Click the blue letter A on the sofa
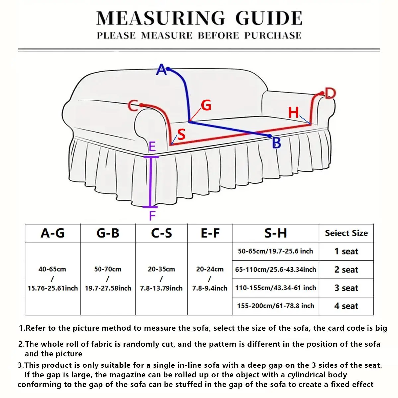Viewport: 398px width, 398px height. coord(161,70)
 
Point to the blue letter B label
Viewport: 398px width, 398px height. coord(276,143)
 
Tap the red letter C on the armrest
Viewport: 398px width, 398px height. coord(133,106)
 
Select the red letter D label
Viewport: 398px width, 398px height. coord(330,93)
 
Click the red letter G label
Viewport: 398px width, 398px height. coord(206,105)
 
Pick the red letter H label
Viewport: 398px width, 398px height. coord(294,113)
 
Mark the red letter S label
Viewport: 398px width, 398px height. coord(181,134)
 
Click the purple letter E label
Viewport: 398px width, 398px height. coord(152,146)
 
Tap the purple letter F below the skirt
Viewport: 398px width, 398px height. coord(152,216)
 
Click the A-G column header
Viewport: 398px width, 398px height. coord(52,233)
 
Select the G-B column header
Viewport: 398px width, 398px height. coord(108,233)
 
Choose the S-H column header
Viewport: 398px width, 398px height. coord(275,233)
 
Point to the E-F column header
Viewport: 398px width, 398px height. coord(210,233)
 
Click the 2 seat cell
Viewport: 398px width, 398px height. coord(346,270)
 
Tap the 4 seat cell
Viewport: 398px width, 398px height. coord(346,306)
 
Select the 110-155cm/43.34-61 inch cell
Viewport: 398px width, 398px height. coord(276,288)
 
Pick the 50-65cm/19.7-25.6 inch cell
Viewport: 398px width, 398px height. coord(276,251)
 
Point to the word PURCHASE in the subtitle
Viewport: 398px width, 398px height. coord(273,35)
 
